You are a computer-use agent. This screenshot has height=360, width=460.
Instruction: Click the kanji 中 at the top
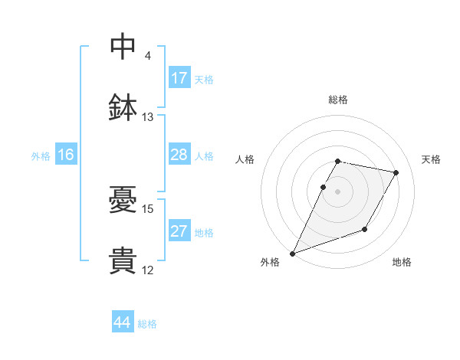pos(123,46)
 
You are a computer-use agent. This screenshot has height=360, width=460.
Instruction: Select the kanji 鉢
pos(123,107)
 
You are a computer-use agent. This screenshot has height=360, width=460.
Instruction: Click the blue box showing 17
pos(179,78)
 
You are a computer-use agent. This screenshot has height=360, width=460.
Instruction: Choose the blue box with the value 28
pos(179,155)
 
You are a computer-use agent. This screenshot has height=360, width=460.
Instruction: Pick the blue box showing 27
pos(179,231)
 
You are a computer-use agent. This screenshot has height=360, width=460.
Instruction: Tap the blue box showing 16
pos(66,155)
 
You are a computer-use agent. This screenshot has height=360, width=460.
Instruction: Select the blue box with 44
pos(123,322)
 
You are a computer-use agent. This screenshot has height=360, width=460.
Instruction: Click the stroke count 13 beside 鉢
pos(148,117)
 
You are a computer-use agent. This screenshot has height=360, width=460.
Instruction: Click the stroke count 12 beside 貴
pos(148,270)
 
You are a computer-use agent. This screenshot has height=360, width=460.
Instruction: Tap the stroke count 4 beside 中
pos(148,56)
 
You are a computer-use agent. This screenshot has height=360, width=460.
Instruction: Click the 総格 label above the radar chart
pos(338,100)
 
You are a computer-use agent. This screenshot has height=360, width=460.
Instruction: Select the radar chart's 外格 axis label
pos(271,263)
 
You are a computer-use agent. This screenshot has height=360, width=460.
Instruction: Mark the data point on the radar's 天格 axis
pos(396,173)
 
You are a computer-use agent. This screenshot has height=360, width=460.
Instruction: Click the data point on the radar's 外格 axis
pos(293,254)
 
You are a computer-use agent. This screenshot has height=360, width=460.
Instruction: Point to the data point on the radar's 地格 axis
pos(365,229)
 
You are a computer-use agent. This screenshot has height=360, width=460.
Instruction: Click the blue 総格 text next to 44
pos(147,324)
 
